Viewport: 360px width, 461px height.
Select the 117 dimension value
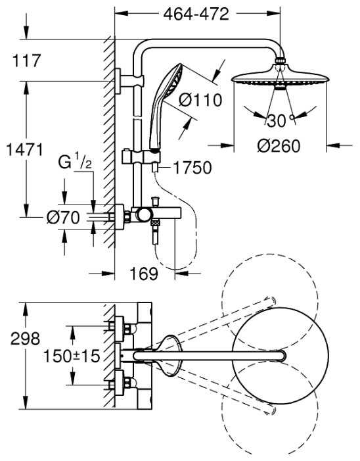(x=26, y=61)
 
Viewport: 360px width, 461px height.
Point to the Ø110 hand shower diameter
(x=200, y=100)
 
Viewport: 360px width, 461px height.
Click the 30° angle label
(x=277, y=120)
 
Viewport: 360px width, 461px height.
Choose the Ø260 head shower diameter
(x=279, y=146)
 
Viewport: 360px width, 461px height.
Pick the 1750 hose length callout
(x=192, y=168)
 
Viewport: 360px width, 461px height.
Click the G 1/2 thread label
(x=74, y=161)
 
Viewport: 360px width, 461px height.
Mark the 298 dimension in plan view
(x=26, y=339)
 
